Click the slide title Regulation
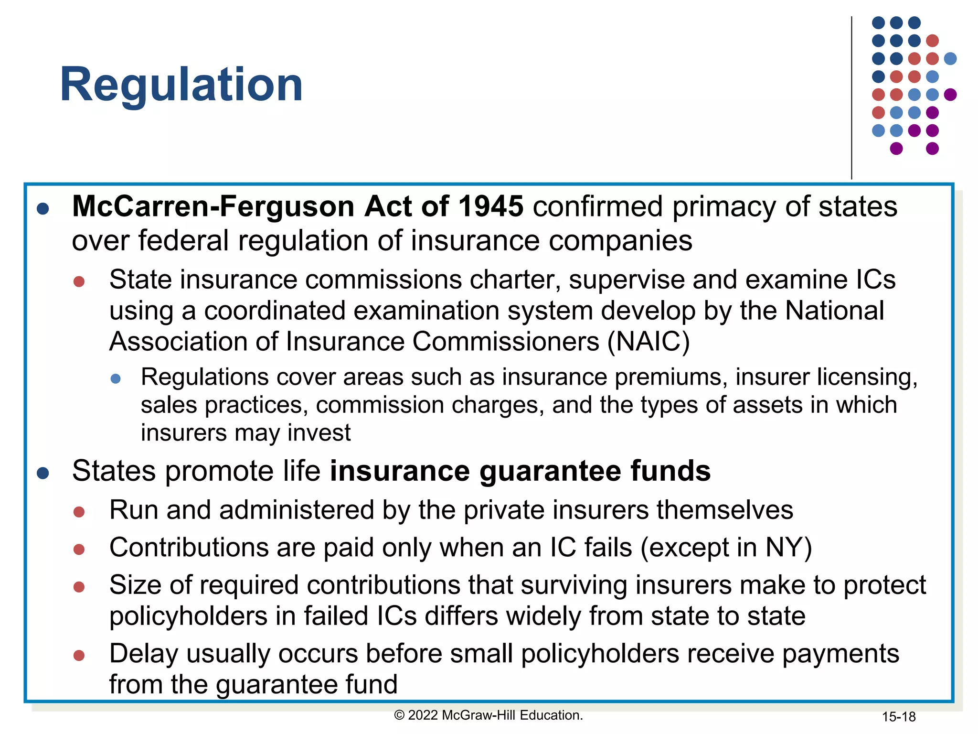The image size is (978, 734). pyautogui.click(x=181, y=85)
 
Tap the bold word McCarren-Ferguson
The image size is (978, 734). pyautogui.click(x=213, y=206)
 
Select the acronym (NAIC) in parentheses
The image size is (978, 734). pyautogui.click(x=648, y=342)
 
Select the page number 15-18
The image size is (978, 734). pyautogui.click(x=898, y=717)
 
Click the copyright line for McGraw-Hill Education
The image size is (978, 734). pyautogui.click(x=489, y=715)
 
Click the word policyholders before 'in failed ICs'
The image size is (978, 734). pyautogui.click(x=188, y=616)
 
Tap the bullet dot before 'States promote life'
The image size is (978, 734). pyautogui.click(x=43, y=473)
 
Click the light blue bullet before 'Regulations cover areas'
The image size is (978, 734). pyautogui.click(x=116, y=379)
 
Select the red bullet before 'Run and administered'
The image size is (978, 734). pyautogui.click(x=79, y=512)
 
